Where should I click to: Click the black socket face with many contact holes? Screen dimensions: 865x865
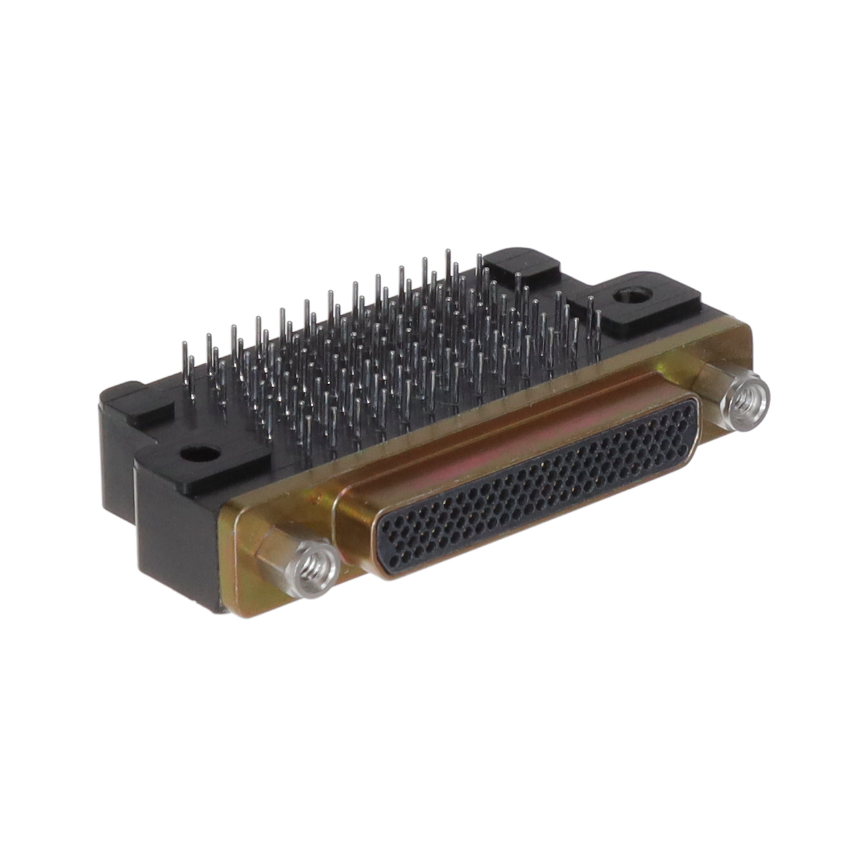pyautogui.click(x=540, y=488)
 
